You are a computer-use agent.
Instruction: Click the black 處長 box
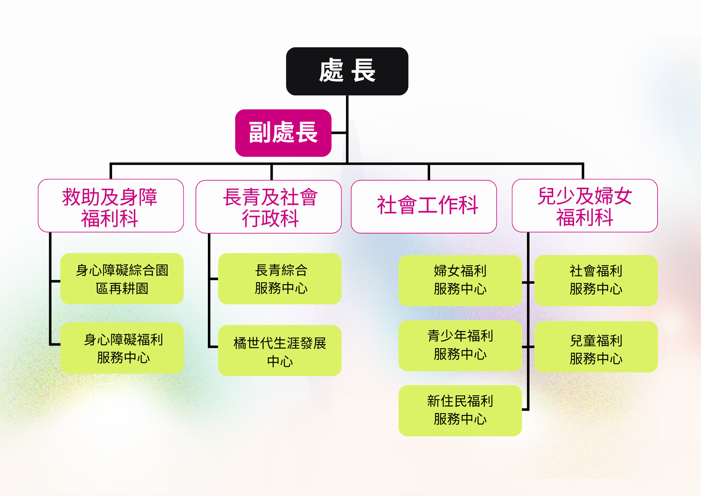click(x=347, y=71)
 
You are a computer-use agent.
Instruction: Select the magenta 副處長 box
click(x=283, y=133)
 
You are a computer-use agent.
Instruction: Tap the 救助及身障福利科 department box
click(x=111, y=206)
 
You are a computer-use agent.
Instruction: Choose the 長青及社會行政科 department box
click(x=268, y=207)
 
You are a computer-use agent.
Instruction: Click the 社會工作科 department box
click(x=424, y=207)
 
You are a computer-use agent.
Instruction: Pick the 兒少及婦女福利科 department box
click(x=585, y=206)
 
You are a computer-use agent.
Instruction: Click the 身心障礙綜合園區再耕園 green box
click(x=122, y=279)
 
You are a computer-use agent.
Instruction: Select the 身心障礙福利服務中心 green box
click(x=122, y=348)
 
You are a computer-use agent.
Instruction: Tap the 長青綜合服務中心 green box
click(x=280, y=279)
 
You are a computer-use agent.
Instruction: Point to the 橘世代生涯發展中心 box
click(x=280, y=351)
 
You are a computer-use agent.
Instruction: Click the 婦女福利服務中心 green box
click(x=460, y=281)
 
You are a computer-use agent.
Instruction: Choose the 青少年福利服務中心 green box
click(x=460, y=346)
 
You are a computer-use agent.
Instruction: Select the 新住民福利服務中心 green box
click(x=460, y=411)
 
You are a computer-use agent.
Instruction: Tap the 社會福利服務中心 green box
click(x=596, y=281)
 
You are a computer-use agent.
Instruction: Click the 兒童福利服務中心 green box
click(x=596, y=347)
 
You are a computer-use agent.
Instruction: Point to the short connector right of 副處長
click(x=339, y=133)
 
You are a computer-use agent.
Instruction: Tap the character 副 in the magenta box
click(x=260, y=133)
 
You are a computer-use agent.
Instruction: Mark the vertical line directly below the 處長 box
click(x=347, y=129)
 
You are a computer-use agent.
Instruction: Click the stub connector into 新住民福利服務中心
click(x=525, y=409)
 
